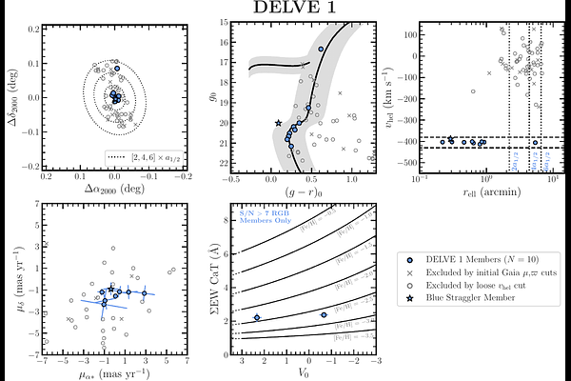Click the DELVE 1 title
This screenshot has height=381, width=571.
285,8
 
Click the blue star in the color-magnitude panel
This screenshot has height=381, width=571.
278,123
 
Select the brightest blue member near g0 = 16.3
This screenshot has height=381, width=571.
321,49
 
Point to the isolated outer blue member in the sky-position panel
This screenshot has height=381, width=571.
117,70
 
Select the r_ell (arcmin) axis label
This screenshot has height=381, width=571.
485,191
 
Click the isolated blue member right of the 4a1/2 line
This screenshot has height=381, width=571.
535,143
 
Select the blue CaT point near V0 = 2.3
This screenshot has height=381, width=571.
257,317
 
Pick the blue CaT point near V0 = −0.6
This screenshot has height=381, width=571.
324,314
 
